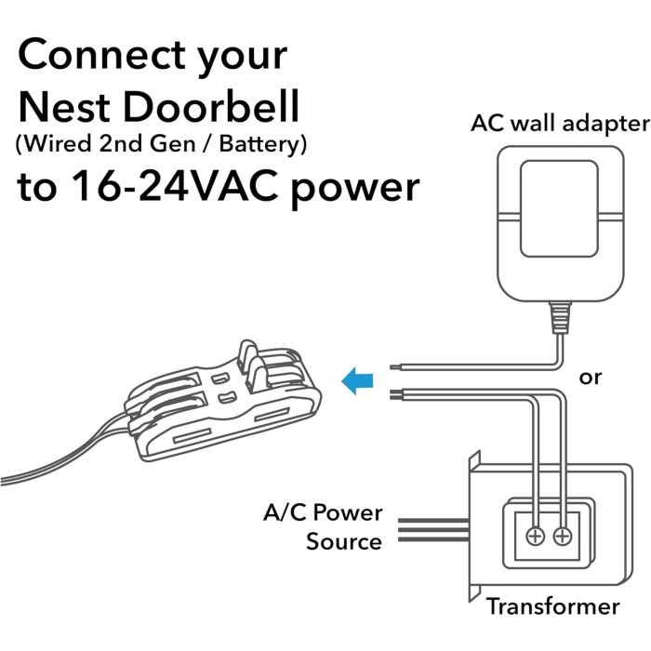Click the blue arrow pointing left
(357, 380)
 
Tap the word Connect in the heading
(101, 54)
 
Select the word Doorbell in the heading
(211, 106)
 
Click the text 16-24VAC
(175, 186)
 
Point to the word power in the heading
(355, 191)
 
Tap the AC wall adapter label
(560, 124)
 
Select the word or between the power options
(590, 378)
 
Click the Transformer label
(553, 606)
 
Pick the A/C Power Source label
(323, 527)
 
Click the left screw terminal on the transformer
(535, 537)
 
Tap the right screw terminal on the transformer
(562, 537)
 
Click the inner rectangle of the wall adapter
(559, 209)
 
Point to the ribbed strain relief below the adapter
(560, 318)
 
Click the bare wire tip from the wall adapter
(394, 367)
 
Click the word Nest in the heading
(64, 106)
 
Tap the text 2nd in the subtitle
(121, 144)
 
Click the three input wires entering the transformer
(433, 530)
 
